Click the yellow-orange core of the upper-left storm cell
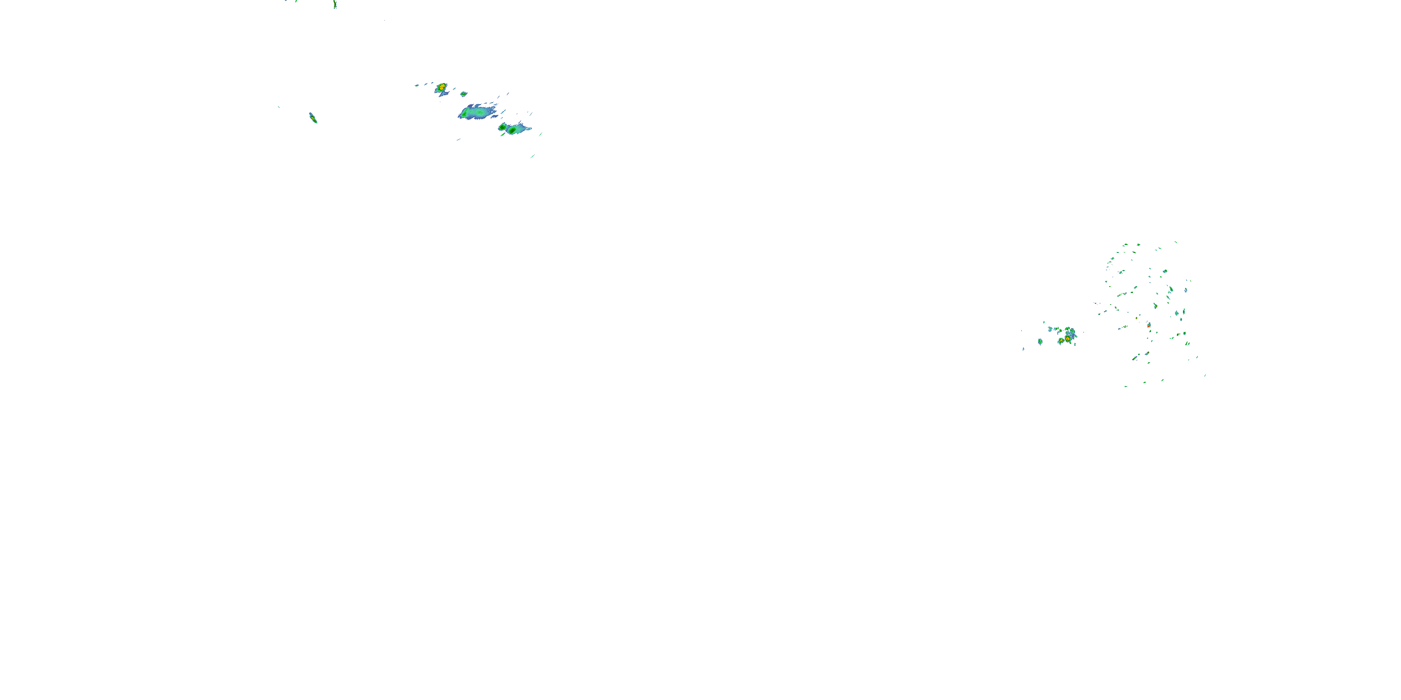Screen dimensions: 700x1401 coord(442,86)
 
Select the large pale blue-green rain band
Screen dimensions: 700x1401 coord(477,112)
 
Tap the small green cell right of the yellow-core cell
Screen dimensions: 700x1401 coord(464,94)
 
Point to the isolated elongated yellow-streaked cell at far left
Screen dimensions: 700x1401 coord(313,118)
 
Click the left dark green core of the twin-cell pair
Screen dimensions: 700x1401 coord(502,127)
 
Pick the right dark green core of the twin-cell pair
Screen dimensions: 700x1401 coord(512,130)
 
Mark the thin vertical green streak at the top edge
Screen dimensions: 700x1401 coord(335,4)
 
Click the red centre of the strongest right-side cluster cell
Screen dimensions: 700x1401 coord(1068,339)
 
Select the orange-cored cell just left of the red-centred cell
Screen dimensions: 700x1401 coord(1061,341)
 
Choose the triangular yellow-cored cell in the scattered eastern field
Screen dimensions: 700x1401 coord(1155,306)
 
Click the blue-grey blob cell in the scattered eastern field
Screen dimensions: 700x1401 coord(1176,314)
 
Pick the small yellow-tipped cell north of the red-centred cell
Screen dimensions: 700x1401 coord(1071,330)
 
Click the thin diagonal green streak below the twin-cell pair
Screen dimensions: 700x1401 coord(532,156)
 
